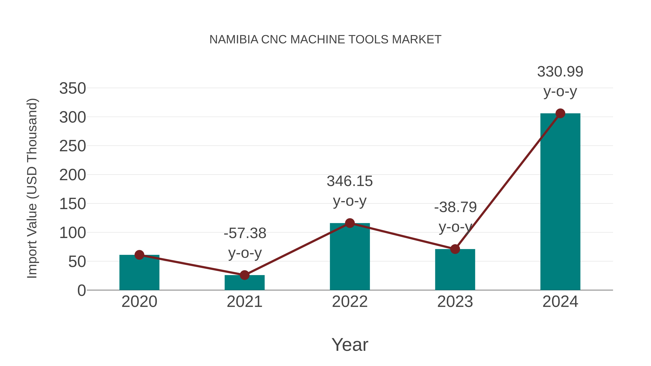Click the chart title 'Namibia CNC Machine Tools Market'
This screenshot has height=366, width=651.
pos(325,40)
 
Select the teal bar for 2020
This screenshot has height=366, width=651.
pos(139,274)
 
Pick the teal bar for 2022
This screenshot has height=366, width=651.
pos(350,258)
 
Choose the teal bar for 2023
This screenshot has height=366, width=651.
pos(455,270)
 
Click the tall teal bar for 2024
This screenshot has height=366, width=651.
pos(560,202)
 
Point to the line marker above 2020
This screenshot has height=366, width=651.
pos(139,255)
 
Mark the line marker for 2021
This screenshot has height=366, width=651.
pos(244,275)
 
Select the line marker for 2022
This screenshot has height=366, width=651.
pos(350,223)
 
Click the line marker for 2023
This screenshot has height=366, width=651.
pos(455,249)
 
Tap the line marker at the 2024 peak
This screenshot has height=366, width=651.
pos(560,113)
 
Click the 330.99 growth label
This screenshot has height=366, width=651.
pos(560,72)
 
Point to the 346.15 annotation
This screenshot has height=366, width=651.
pos(350,181)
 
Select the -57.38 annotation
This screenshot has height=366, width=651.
pos(245,233)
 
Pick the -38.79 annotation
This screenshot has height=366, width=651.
pos(455,207)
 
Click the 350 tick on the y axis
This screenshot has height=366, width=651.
pos(73,89)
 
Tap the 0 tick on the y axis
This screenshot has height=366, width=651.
pos(81,290)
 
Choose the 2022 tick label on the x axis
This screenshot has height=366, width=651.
pos(350,302)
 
